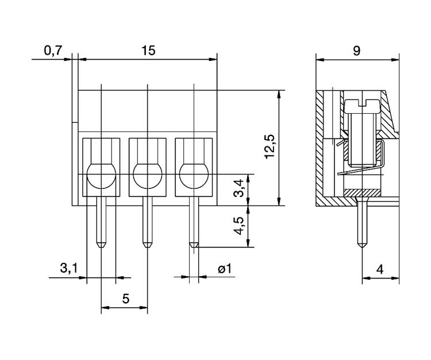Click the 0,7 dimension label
point(53,51)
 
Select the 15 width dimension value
point(148,51)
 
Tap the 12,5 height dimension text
point(270,146)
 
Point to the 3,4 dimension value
point(238,188)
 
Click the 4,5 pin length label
point(238,226)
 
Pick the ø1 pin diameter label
point(225,269)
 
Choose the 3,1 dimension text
point(69,268)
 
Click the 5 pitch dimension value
point(126,299)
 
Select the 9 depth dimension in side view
point(356,51)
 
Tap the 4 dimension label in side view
point(380,269)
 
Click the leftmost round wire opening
point(101,176)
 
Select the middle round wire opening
point(148,176)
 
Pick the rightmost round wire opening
point(194,176)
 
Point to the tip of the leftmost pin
point(101,247)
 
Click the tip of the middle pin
point(148,247)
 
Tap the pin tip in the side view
point(363,246)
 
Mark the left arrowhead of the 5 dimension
point(105,308)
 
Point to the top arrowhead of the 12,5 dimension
point(279,94)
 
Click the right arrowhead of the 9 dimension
point(395,59)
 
